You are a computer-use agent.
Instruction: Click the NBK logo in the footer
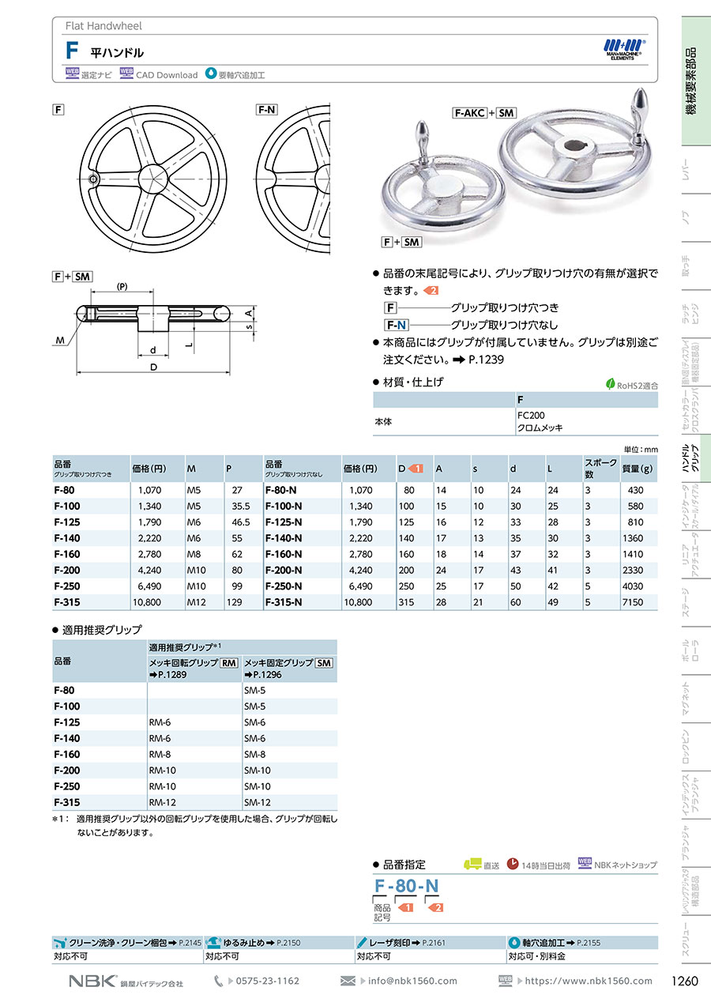click(92, 981)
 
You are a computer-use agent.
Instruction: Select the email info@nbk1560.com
click(412, 981)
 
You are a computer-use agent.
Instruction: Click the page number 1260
click(684, 981)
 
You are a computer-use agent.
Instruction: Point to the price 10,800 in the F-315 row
click(147, 602)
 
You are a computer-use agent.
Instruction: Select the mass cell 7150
click(633, 602)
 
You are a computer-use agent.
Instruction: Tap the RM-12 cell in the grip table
click(161, 802)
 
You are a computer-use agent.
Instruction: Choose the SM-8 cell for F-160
click(255, 754)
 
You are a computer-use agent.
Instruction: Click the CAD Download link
click(166, 75)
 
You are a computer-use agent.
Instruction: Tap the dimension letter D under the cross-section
click(155, 368)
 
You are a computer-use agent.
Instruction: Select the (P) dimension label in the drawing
click(122, 286)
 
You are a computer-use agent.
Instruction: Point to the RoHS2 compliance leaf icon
click(610, 384)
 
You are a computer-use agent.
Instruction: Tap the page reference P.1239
click(486, 360)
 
